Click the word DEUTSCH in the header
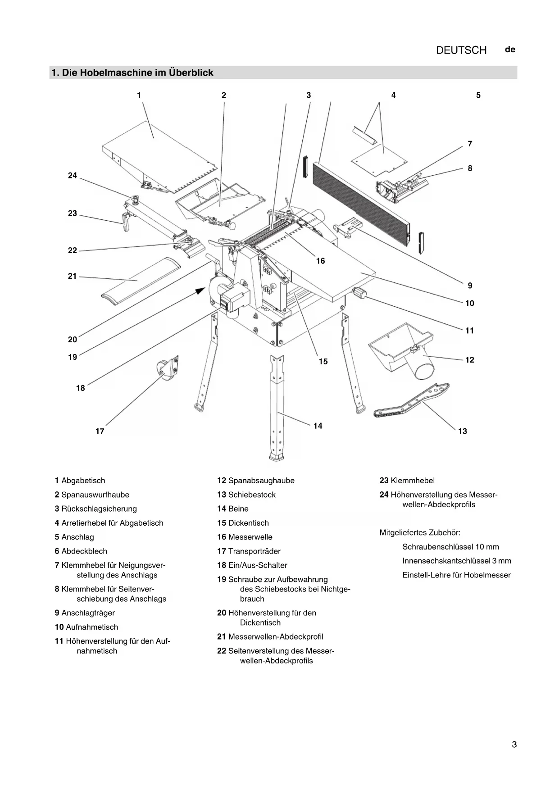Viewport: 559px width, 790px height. (461, 50)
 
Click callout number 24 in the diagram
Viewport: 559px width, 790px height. (73, 176)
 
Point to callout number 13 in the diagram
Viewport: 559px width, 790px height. (463, 431)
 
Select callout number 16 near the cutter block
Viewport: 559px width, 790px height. (320, 261)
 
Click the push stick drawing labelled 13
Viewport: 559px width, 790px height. (411, 400)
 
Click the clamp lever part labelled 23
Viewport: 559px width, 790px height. (126, 222)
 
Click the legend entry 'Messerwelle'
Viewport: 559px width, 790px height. (250, 537)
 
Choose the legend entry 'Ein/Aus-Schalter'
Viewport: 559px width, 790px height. (257, 565)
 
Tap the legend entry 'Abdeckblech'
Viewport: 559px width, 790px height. (84, 551)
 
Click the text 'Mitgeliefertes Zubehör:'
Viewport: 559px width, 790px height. (420, 533)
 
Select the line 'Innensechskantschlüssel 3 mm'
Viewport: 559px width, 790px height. (456, 561)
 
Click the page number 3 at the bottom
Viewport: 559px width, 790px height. (514, 745)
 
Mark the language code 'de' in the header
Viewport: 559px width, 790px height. (510, 50)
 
